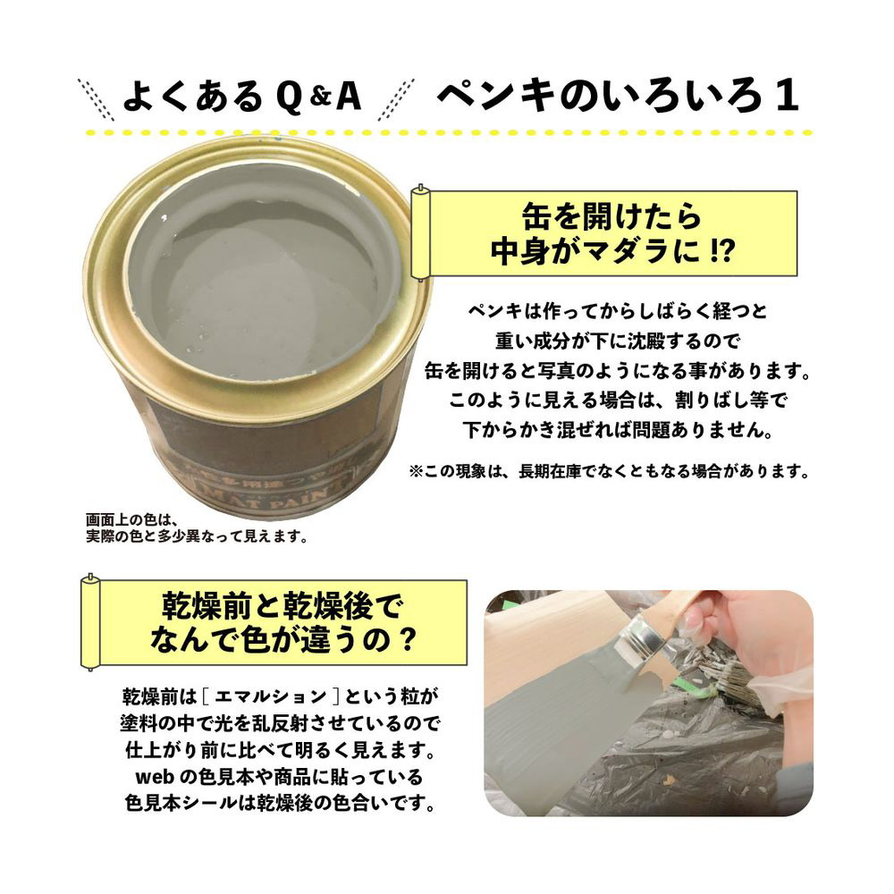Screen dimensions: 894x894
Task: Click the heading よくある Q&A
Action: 242,96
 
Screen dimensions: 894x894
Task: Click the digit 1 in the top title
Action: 787,96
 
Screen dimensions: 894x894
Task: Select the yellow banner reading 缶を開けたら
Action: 606,233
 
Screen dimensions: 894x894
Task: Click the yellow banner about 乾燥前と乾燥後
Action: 274,622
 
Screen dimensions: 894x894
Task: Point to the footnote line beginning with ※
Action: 609,471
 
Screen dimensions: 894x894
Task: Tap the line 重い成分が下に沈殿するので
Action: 618,341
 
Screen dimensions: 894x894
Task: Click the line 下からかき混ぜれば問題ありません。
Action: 618,429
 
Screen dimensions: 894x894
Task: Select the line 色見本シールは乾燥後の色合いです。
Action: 281,803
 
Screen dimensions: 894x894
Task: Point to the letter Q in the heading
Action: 289,97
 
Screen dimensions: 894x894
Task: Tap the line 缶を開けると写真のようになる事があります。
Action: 618,371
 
